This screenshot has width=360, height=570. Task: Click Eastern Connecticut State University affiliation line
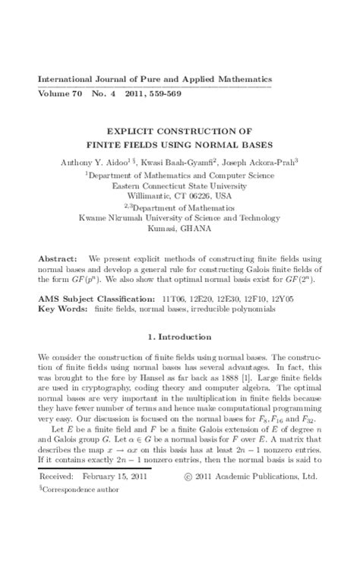179,184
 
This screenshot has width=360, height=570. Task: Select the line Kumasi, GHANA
179,227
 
